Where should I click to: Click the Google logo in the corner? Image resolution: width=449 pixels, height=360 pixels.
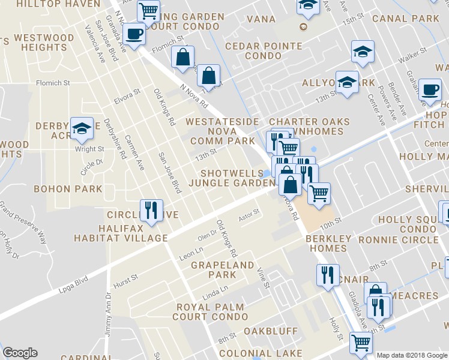[20, 353]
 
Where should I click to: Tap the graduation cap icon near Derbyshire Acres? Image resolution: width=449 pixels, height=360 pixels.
[82, 128]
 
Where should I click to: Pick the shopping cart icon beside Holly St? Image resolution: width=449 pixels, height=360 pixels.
[361, 343]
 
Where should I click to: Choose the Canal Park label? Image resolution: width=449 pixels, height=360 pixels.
[406, 19]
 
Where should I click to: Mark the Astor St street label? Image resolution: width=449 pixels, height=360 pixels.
[249, 212]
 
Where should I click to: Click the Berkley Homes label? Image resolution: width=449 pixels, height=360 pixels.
[328, 244]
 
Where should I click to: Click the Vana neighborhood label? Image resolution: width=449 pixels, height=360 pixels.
[261, 19]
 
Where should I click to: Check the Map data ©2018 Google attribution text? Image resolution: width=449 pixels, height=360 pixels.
[411, 355]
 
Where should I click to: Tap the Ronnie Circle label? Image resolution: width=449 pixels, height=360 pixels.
[398, 239]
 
